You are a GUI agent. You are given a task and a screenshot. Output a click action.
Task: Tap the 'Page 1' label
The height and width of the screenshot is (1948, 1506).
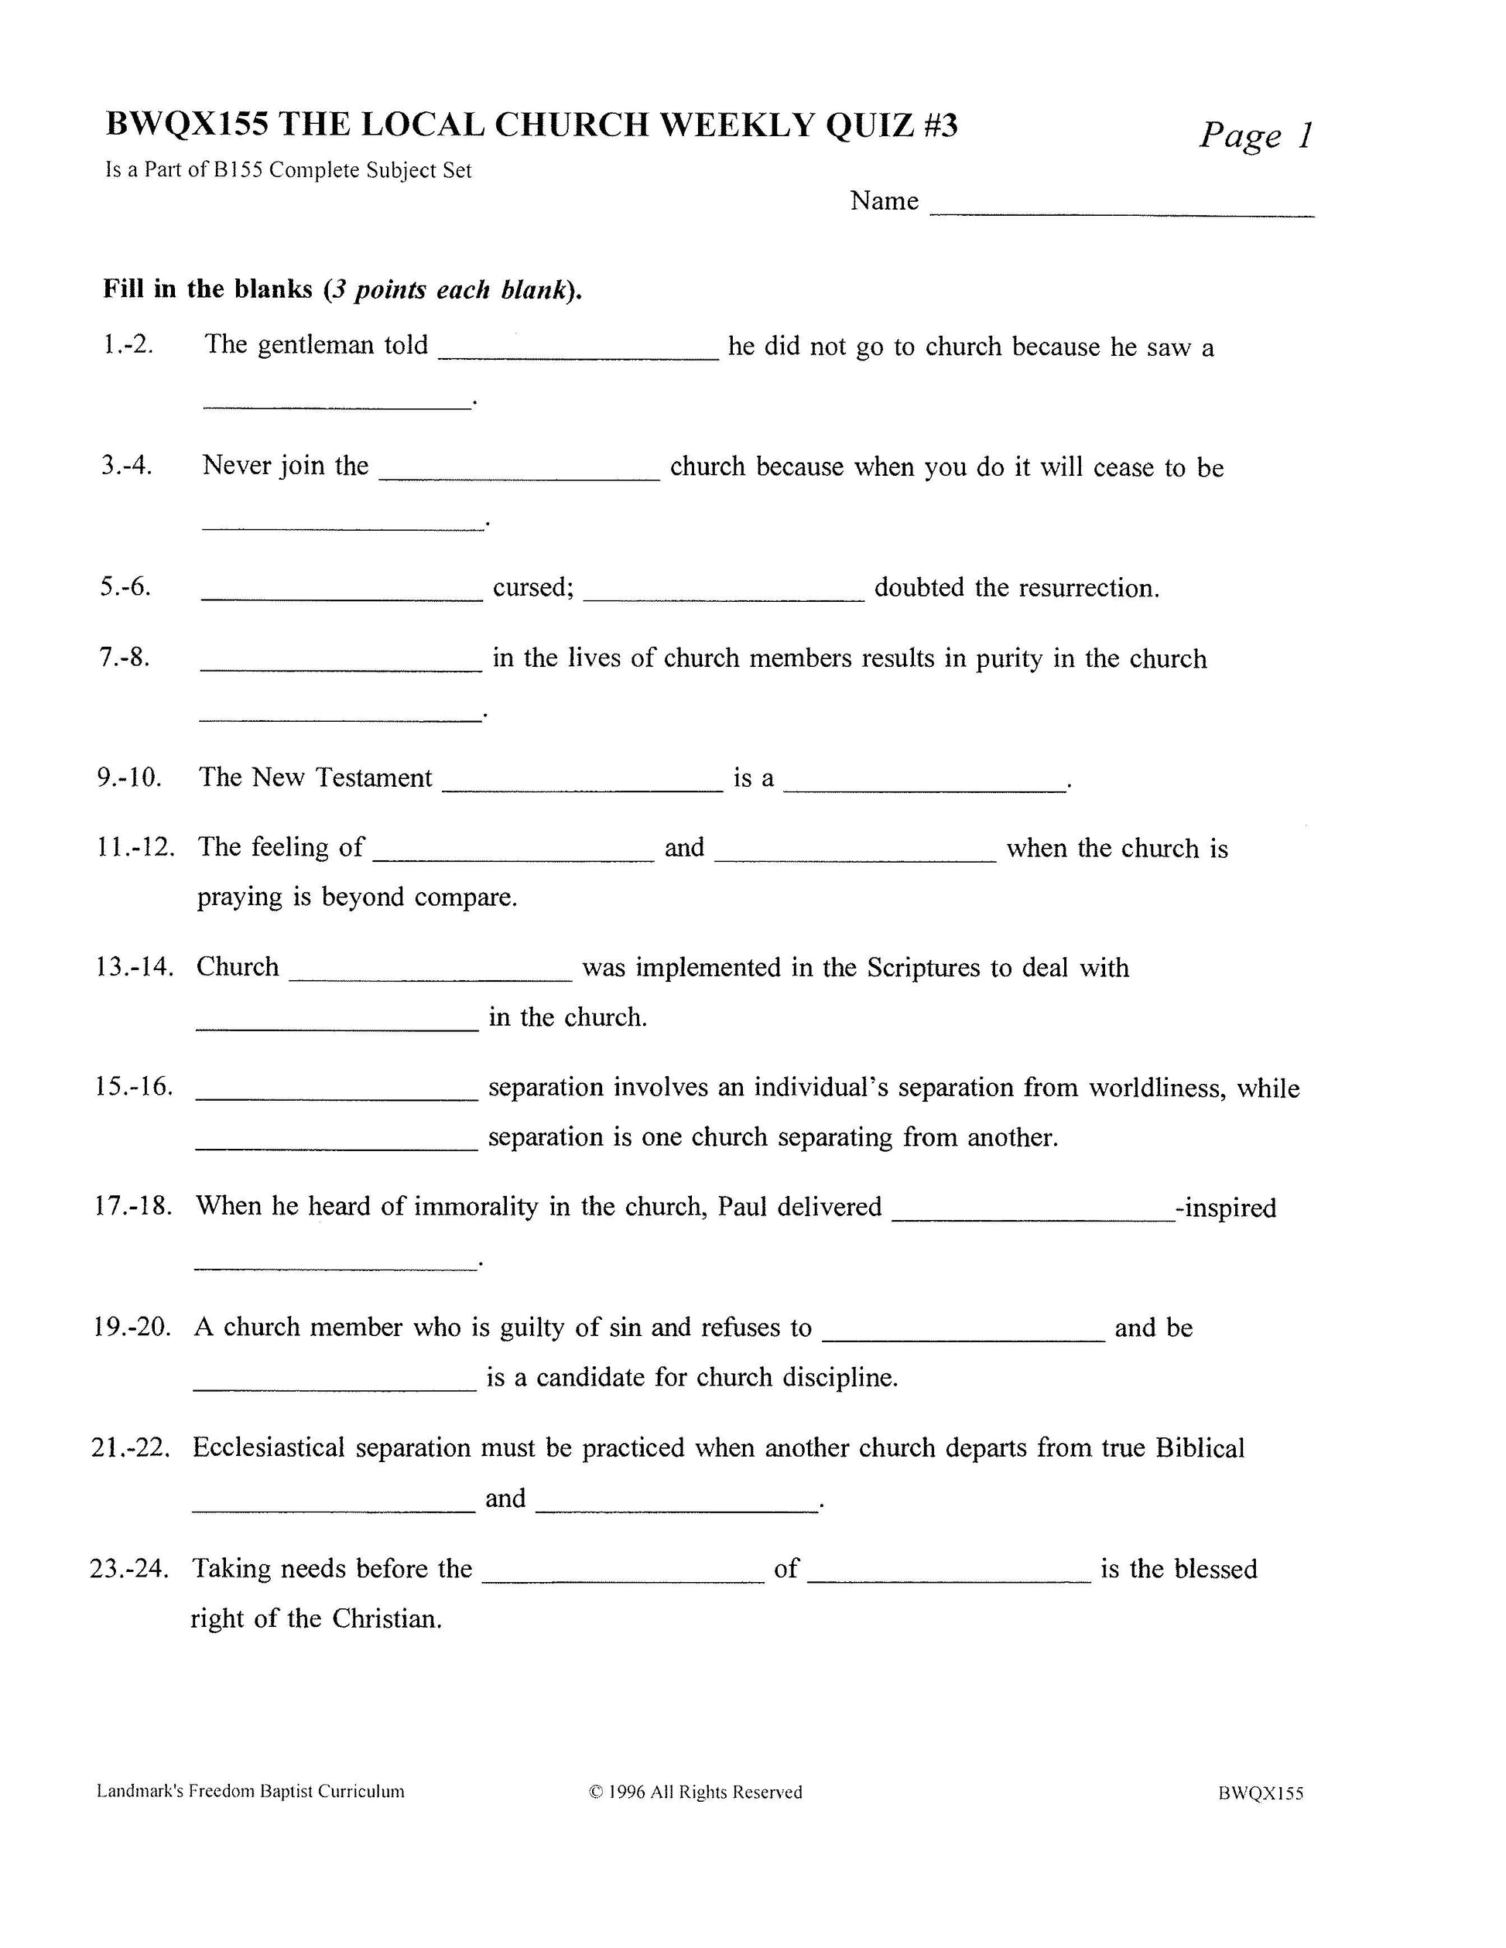tap(1255, 135)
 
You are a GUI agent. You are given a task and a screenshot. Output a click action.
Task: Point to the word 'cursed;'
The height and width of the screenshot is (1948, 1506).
tap(532, 588)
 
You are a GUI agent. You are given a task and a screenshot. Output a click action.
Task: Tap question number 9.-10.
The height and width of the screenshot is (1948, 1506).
tap(129, 777)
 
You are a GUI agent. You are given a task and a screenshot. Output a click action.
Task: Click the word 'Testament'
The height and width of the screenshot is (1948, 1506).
tap(374, 777)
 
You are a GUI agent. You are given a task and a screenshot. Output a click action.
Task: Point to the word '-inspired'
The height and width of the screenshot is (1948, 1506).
tap(1227, 1208)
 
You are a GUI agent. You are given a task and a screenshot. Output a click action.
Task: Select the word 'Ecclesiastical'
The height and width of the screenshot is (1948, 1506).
tap(269, 1447)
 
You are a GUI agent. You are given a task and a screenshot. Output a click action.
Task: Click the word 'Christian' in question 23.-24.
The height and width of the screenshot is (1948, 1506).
tap(386, 1619)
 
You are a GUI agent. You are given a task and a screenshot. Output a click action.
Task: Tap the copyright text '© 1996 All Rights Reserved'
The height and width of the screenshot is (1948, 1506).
tap(696, 1792)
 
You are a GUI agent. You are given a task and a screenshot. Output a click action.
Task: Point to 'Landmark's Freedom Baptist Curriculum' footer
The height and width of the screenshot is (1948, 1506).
tap(250, 1791)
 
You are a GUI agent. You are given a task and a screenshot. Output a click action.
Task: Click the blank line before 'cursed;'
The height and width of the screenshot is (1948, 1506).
tap(342, 596)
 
